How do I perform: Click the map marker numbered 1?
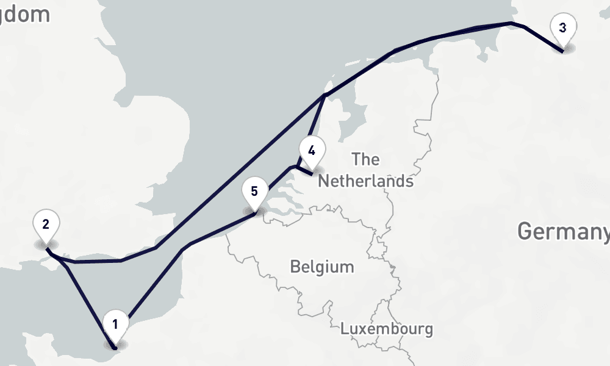(x=115, y=325)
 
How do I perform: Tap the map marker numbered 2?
(x=46, y=225)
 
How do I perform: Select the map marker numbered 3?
(x=562, y=29)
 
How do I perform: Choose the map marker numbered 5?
(x=254, y=192)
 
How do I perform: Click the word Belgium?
(x=321, y=267)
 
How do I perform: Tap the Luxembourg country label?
(x=387, y=329)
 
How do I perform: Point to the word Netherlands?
(x=365, y=181)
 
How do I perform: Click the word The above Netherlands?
(x=365, y=160)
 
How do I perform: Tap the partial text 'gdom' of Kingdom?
(x=26, y=15)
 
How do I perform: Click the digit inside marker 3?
(x=562, y=27)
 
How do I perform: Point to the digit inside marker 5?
(x=254, y=190)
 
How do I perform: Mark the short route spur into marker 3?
(x=543, y=38)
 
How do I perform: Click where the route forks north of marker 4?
(x=325, y=95)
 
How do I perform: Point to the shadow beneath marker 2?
(x=46, y=246)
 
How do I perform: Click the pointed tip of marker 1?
(x=115, y=346)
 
